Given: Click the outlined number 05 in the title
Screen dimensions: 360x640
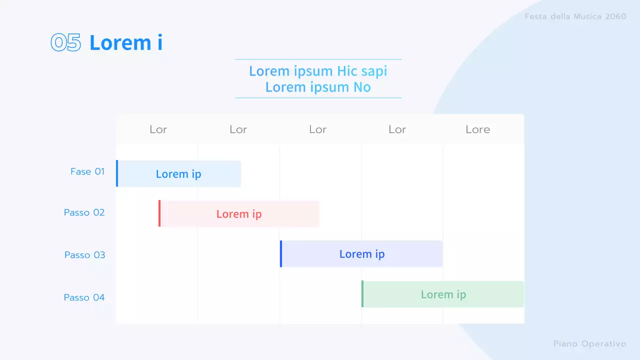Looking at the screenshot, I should pyautogui.click(x=65, y=43).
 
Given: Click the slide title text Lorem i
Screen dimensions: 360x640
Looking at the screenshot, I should pyautogui.click(x=125, y=43).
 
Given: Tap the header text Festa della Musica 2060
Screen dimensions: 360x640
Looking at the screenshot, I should pyautogui.click(x=575, y=16).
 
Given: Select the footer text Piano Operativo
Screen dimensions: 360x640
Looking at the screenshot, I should pyautogui.click(x=589, y=344).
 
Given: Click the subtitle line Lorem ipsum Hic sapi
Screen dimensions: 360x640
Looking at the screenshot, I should pyautogui.click(x=318, y=71).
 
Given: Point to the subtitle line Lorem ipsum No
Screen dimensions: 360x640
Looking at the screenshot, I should pyautogui.click(x=318, y=87).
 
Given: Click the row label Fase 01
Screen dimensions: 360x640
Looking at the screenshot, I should pyautogui.click(x=87, y=171).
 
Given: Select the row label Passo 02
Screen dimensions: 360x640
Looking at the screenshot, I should pyautogui.click(x=84, y=212).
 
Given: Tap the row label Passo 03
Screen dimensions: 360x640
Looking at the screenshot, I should pyautogui.click(x=85, y=255).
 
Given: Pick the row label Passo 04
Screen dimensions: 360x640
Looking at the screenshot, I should pyautogui.click(x=84, y=297).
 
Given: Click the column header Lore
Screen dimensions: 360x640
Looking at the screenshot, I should pyautogui.click(x=477, y=129).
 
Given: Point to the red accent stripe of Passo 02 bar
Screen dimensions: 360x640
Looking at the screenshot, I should pyautogui.click(x=159, y=213).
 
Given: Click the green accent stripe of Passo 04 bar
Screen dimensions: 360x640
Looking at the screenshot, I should pyautogui.click(x=362, y=294).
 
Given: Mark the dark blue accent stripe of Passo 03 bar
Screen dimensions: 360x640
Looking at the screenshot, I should pyautogui.click(x=281, y=254).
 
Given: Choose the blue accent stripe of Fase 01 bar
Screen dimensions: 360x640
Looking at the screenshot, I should pyautogui.click(x=117, y=173).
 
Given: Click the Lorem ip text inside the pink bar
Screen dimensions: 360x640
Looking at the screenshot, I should pyautogui.click(x=239, y=214).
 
